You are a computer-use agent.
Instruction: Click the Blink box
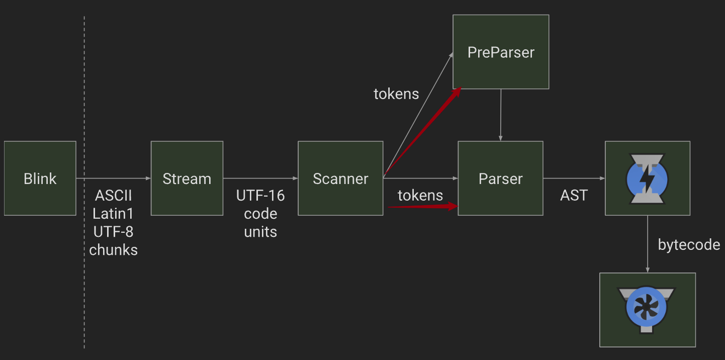click(x=40, y=178)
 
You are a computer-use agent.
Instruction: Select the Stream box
click(x=187, y=178)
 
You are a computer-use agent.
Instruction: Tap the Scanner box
click(x=340, y=178)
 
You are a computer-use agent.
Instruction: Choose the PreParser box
click(x=501, y=52)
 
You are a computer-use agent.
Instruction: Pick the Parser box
click(x=500, y=178)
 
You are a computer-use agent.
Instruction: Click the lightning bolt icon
click(x=648, y=178)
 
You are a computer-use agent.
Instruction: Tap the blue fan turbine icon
click(x=647, y=308)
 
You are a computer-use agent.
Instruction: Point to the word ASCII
click(x=113, y=195)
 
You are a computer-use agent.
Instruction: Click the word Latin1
click(x=113, y=214)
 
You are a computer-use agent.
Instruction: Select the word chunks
click(x=113, y=250)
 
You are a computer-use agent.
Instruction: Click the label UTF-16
click(x=260, y=196)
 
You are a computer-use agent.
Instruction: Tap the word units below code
click(x=260, y=232)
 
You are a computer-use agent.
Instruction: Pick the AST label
click(x=574, y=196)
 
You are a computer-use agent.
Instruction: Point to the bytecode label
click(x=689, y=245)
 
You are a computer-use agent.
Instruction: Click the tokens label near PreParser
click(x=396, y=94)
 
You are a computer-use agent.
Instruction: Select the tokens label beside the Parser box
click(x=420, y=195)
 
